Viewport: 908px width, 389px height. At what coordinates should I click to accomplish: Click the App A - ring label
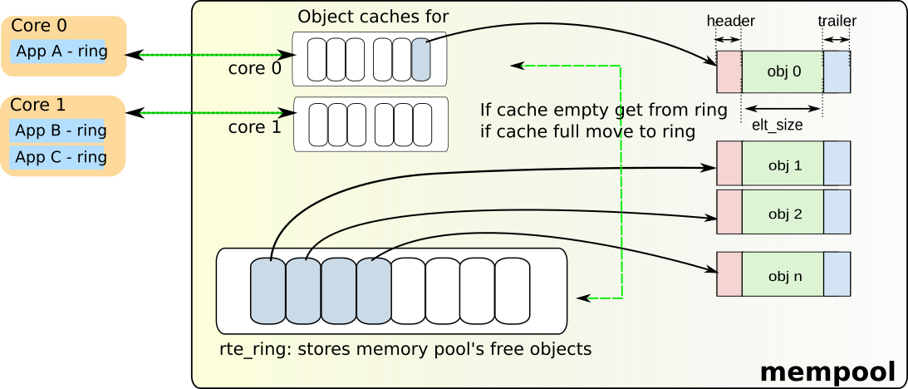point(61,51)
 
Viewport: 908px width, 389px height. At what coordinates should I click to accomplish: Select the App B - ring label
point(61,130)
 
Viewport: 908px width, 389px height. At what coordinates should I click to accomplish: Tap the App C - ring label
point(61,157)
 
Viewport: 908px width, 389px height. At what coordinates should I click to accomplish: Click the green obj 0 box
point(782,71)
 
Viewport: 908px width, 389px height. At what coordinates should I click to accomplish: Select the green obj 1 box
point(782,164)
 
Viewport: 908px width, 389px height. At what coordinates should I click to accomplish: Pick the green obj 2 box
point(782,212)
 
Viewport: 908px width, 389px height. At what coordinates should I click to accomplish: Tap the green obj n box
point(782,273)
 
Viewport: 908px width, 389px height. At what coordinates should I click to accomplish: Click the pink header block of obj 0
point(729,71)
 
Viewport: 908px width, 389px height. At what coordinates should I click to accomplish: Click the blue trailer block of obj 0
point(837,71)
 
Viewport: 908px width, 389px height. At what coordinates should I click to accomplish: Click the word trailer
point(837,21)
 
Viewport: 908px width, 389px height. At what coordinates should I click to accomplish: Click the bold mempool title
point(827,371)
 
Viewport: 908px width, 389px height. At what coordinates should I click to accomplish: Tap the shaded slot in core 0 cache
point(420,60)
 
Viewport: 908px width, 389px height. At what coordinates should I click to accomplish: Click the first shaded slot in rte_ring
point(267,291)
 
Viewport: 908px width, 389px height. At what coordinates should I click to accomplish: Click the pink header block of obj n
point(729,273)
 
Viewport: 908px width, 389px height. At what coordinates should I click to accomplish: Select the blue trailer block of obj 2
point(837,212)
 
